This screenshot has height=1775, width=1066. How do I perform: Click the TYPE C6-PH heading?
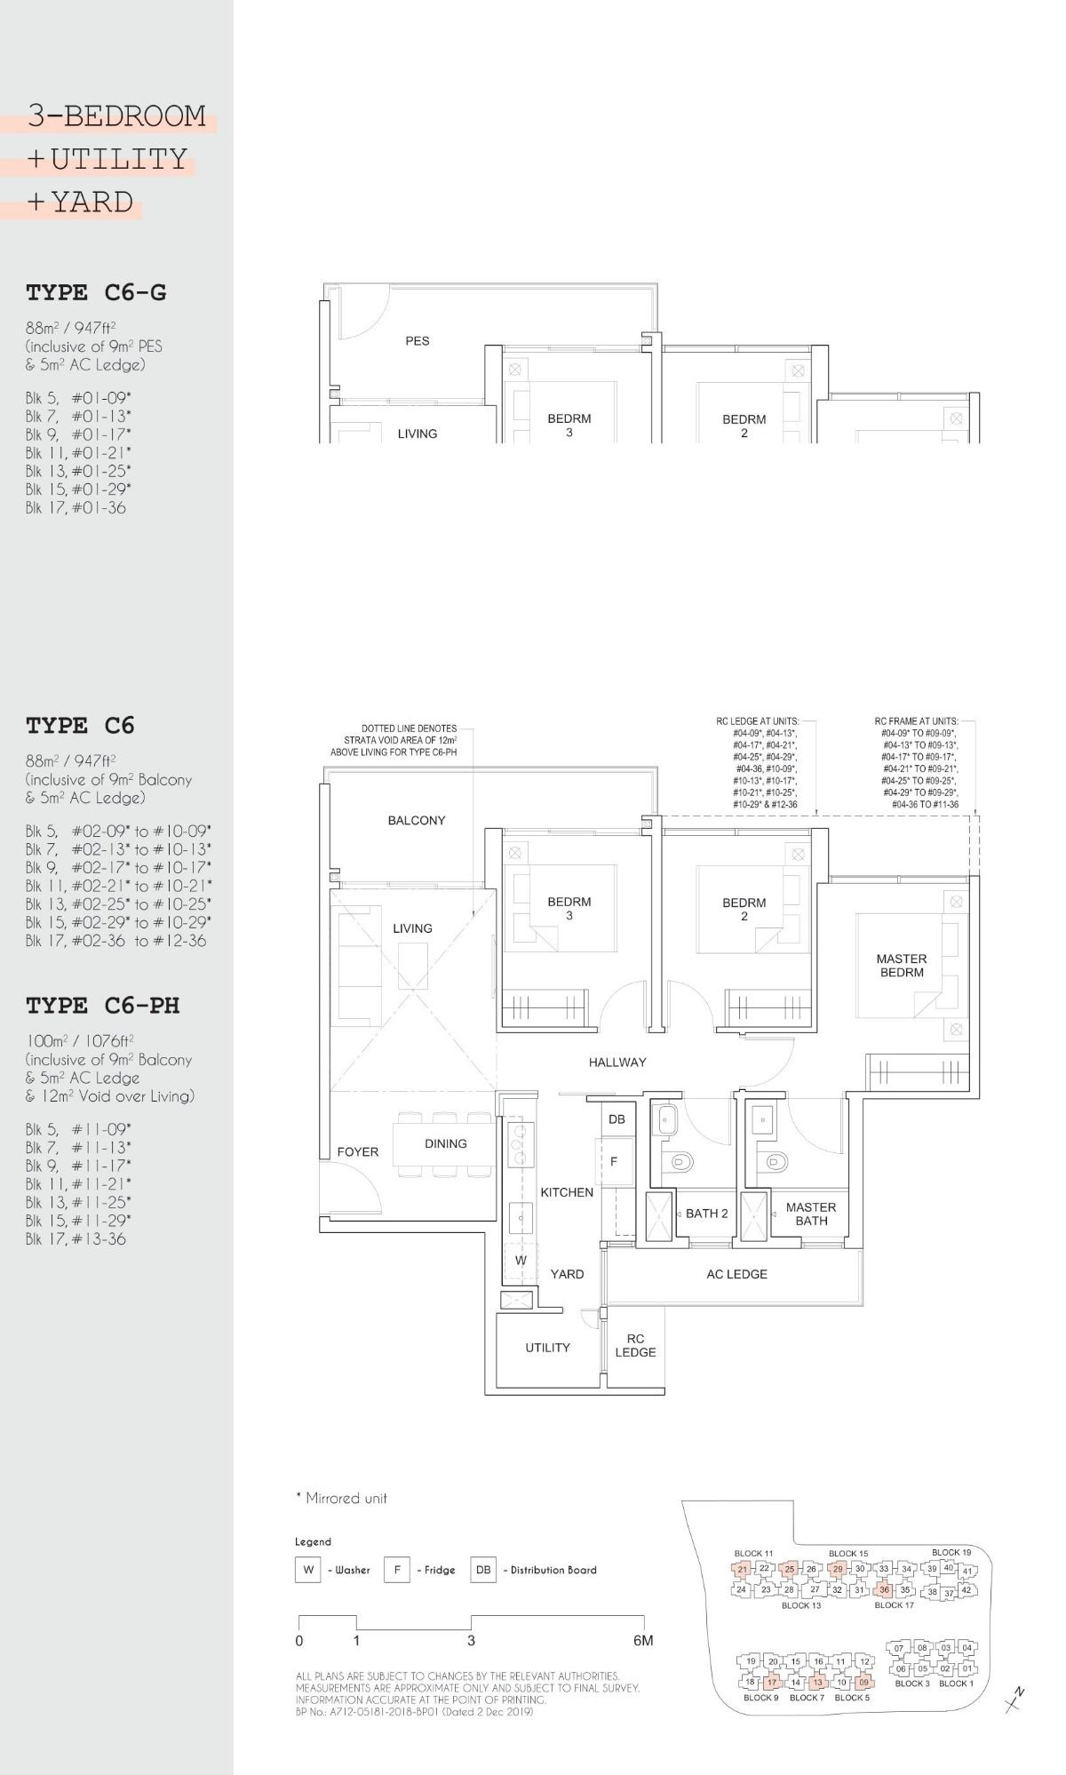pos(102,1005)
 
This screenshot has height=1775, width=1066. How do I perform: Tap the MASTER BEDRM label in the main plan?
pos(901,965)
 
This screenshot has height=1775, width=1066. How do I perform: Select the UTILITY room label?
pos(547,1348)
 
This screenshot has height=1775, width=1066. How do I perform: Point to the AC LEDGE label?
pos(736,1274)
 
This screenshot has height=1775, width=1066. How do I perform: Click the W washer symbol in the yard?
pos(521,1260)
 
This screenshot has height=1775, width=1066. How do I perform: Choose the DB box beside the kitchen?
pos(617,1119)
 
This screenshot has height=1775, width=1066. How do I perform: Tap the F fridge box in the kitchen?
pos(614,1161)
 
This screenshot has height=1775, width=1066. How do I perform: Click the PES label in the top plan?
pos(417,340)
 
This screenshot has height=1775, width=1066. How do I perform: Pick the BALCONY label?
pos(416,820)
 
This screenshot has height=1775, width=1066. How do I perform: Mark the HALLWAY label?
pos(617,1062)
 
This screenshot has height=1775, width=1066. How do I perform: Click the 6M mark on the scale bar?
pos(643,1641)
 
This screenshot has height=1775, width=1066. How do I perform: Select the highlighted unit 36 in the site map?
pos(884,1590)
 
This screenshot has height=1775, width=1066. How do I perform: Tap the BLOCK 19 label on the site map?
pos(951,1552)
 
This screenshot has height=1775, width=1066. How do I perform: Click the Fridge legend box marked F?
pos(396,1570)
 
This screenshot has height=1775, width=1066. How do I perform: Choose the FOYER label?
pos(357,1151)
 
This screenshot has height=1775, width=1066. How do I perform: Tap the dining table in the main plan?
pos(445,1144)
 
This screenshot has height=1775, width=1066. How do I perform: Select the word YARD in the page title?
pos(92,203)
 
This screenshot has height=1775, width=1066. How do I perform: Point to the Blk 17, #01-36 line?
pos(76,508)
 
